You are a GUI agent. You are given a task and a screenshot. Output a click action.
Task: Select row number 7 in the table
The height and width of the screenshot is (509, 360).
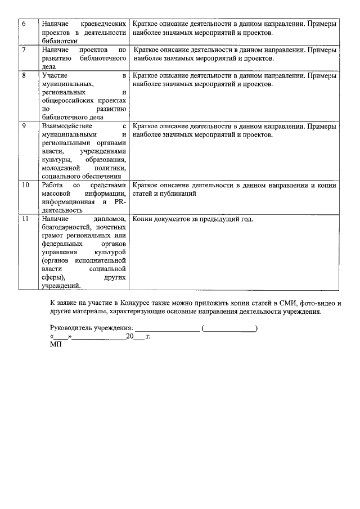[x=24, y=50]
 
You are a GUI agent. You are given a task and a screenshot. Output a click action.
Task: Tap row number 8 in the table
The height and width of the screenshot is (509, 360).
[x=24, y=75]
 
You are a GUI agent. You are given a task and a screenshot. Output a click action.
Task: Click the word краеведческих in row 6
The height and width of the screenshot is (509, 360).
[x=102, y=25]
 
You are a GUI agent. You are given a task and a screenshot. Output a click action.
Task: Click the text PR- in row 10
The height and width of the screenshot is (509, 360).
[x=119, y=201]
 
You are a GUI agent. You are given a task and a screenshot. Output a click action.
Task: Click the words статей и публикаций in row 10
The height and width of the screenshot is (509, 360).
[x=164, y=193]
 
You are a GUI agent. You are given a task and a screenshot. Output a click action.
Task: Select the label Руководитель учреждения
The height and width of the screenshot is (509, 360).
[x=91, y=327]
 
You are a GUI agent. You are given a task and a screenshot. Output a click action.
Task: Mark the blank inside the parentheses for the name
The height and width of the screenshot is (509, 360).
[x=229, y=328]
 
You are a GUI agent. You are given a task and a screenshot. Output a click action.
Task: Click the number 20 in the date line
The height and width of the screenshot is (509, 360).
[x=129, y=336]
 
